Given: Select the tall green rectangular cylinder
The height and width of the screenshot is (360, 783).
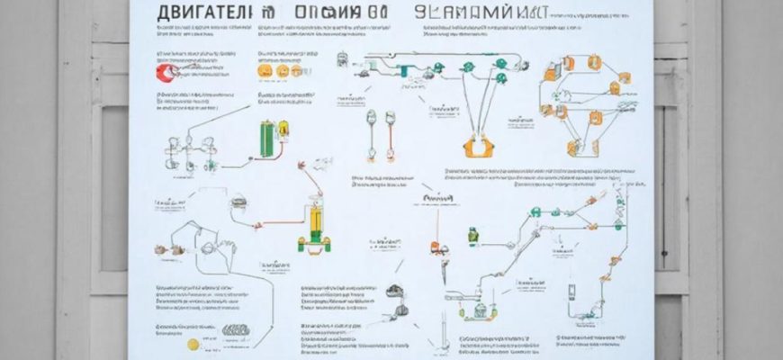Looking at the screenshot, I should pyautogui.click(x=265, y=139).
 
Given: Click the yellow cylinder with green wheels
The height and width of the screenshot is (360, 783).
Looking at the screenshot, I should pyautogui.click(x=314, y=225).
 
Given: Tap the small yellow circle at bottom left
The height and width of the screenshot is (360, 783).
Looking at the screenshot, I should pyautogui.click(x=191, y=344).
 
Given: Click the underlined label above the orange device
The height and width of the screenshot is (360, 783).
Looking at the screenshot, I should pyautogui.click(x=437, y=196).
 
